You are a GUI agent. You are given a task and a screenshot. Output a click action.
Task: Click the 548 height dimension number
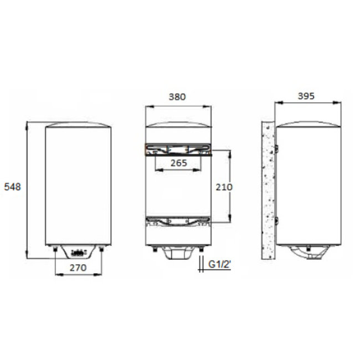12,187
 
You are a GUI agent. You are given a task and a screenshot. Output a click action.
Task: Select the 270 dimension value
79,268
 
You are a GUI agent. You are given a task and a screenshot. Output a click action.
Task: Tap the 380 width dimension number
177,96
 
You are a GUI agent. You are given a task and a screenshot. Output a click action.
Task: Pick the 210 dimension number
224,187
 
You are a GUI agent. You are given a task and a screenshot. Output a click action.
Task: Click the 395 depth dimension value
306,96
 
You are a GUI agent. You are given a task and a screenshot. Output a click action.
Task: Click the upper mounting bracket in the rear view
178,149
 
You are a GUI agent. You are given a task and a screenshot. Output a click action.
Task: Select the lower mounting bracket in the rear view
178,222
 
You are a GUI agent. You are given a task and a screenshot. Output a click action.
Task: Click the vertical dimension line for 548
26,188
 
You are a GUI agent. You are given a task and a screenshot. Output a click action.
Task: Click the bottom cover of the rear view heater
177,255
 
